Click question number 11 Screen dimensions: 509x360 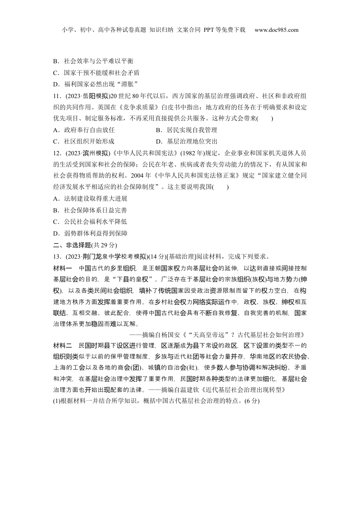click(57, 95)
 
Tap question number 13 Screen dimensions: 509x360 click(57, 256)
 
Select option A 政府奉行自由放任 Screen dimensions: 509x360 click(84, 130)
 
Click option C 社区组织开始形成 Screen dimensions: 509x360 click(84, 142)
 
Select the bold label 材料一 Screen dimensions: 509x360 click(63, 268)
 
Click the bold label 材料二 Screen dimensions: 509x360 click(63, 345)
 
